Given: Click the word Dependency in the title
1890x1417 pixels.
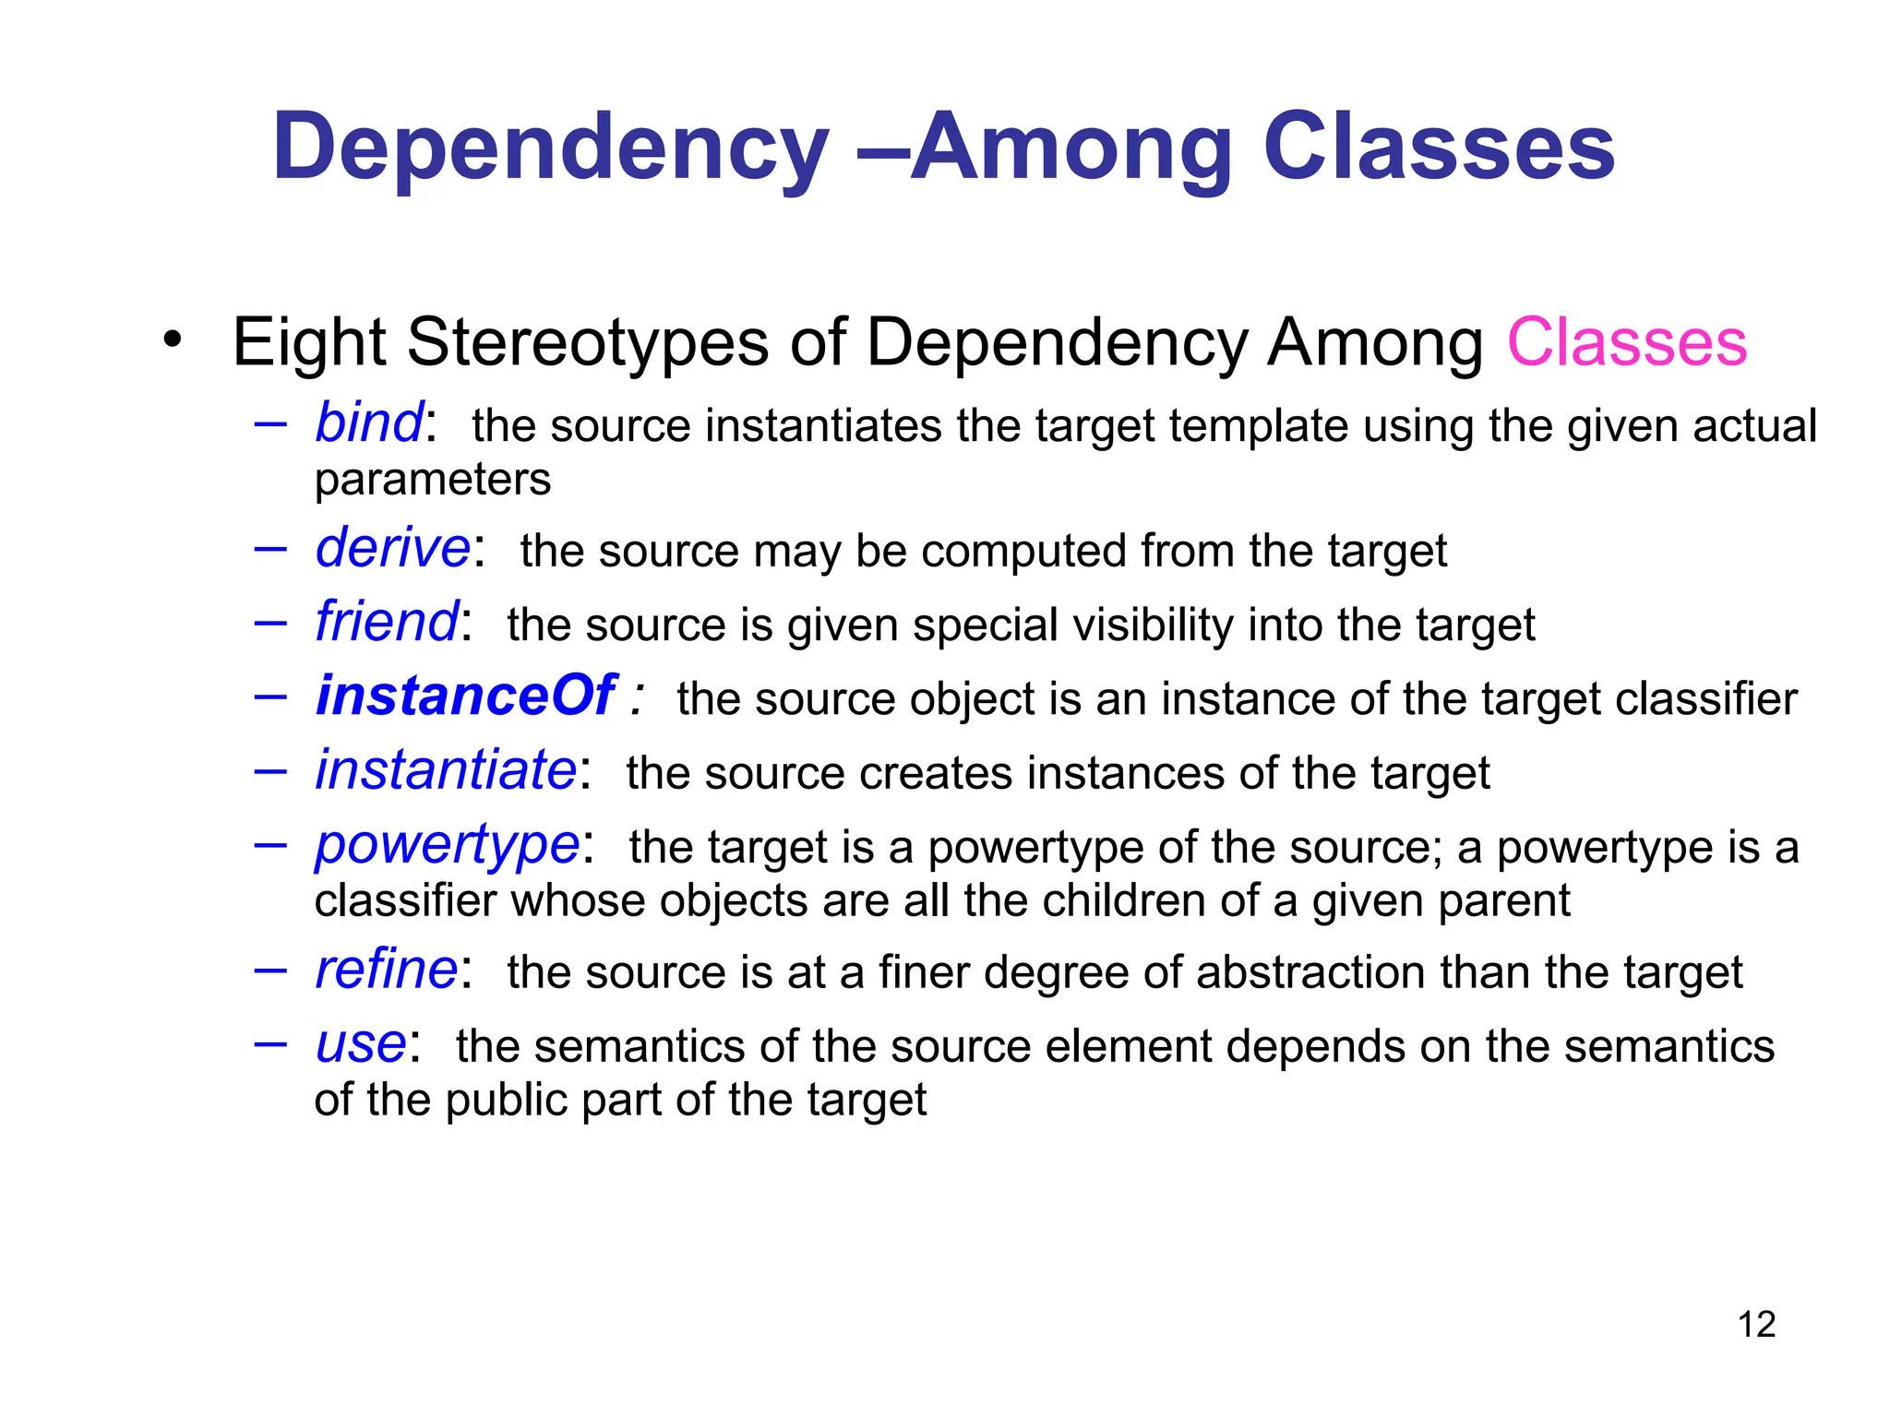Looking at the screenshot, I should pyautogui.click(x=550, y=148).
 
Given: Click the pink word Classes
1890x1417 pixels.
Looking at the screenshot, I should pyautogui.click(x=1626, y=342).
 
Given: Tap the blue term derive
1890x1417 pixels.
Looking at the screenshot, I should pyautogui.click(x=393, y=548).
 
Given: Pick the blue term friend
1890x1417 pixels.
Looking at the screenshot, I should pyautogui.click(x=387, y=622).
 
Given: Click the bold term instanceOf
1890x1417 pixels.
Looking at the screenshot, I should pyautogui.click(x=465, y=696).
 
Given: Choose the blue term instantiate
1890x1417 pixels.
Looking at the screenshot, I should pyautogui.click(x=446, y=770).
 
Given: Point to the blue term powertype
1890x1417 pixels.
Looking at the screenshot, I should pyautogui.click(x=447, y=845).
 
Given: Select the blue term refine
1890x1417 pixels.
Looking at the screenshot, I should pyautogui.click(x=387, y=970).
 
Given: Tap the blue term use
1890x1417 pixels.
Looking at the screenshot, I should pyautogui.click(x=361, y=1044).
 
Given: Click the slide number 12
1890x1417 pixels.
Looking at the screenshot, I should pyautogui.click(x=1756, y=1325).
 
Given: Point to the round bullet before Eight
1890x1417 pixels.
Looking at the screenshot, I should pyautogui.click(x=172, y=339).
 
